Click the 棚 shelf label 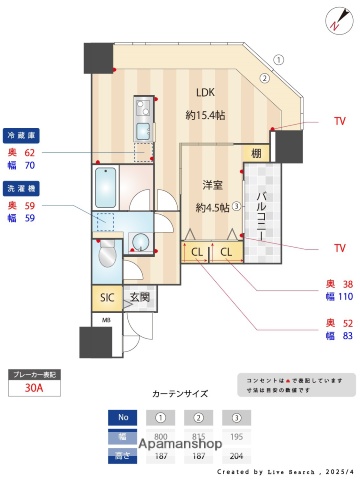point(257,153)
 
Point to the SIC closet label point(107,297)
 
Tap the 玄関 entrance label point(138,297)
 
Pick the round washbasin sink point(140,240)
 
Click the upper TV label point(339,121)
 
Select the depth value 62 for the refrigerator point(29,152)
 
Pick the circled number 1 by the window point(280,59)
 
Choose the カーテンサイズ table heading point(179,394)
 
